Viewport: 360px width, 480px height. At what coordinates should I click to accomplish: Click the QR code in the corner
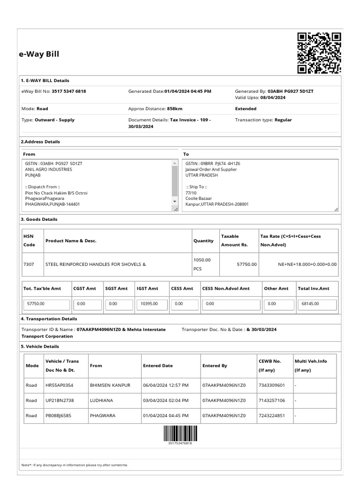pos(319,53)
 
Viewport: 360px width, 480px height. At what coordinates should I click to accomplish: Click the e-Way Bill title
pos(39,54)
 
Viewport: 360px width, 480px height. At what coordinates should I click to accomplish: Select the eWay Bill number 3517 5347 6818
pos(69,91)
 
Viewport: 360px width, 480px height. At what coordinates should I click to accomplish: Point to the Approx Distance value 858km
pos(175,109)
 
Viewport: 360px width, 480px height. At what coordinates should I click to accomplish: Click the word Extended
pos(246,109)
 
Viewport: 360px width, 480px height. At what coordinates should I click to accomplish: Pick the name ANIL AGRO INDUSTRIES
pos(49,169)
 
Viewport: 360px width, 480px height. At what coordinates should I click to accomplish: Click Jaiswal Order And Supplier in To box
pos(211,169)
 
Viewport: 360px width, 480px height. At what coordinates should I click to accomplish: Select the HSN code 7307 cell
pos(28,264)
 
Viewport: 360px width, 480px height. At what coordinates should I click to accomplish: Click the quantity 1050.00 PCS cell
pos(202,264)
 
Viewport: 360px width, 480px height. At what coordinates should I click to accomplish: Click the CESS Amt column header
pos(182,289)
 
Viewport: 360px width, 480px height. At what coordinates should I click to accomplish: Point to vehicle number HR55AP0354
pos(59,385)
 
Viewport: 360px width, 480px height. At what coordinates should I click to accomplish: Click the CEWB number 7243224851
pos(272,416)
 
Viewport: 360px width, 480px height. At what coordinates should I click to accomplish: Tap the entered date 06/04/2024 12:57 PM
pos(166,385)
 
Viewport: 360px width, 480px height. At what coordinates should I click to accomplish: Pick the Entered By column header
pos(215,366)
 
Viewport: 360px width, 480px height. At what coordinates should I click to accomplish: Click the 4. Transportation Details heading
pos(49,319)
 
